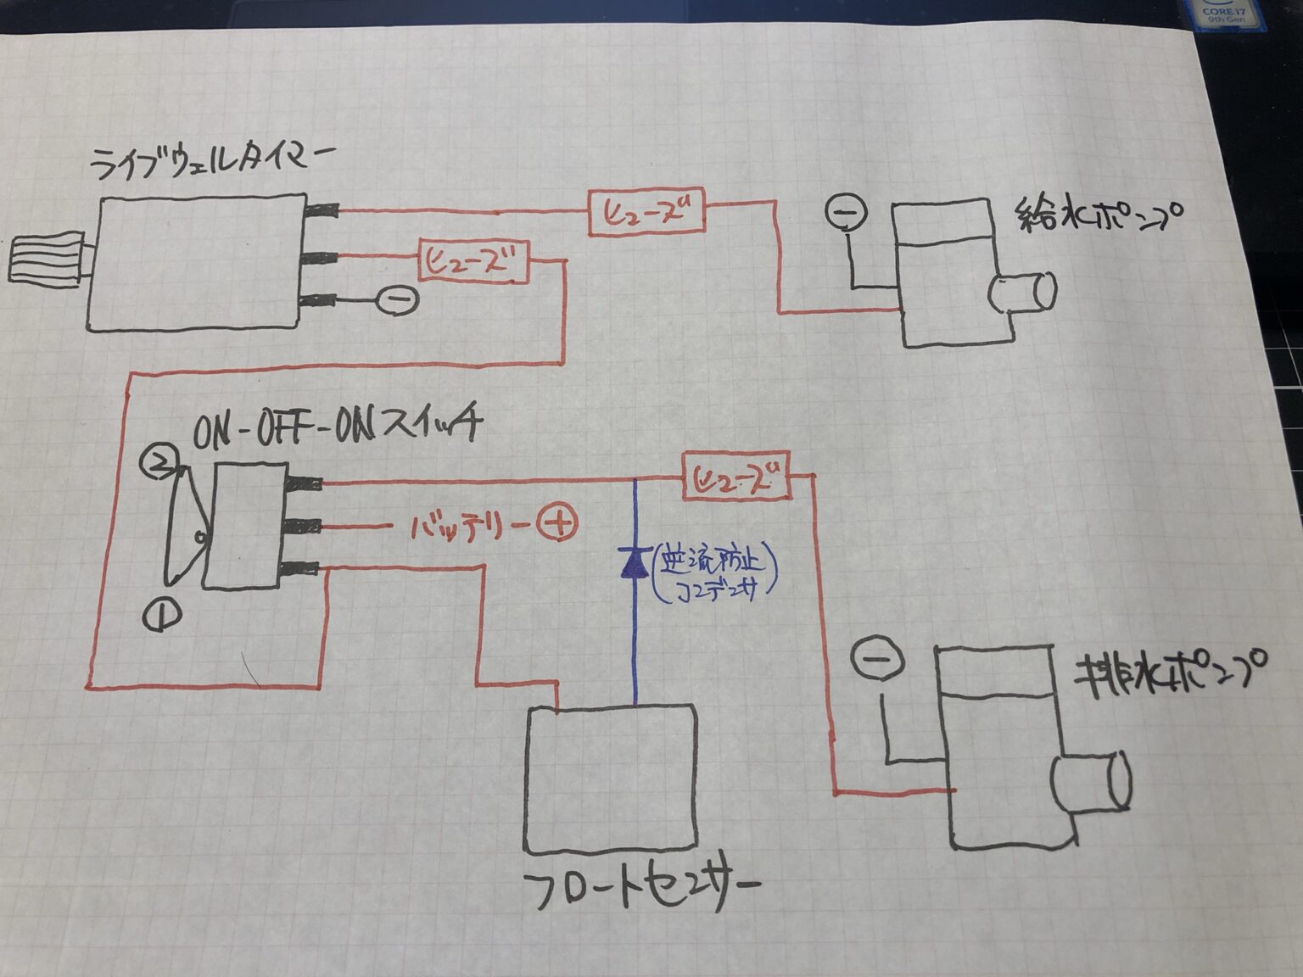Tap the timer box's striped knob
(x=46, y=257)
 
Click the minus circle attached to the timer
(x=396, y=299)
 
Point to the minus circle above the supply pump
(x=845, y=211)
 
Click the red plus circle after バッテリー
(x=557, y=523)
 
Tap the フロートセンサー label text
(x=640, y=891)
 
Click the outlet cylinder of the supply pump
(x=1025, y=293)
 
